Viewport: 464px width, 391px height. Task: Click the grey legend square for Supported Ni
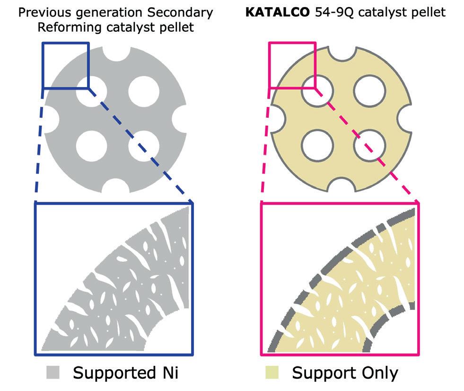point(53,373)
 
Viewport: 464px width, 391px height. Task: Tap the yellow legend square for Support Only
point(271,373)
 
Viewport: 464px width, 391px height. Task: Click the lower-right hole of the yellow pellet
point(371,146)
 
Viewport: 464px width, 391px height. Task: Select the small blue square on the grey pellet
point(65,65)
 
